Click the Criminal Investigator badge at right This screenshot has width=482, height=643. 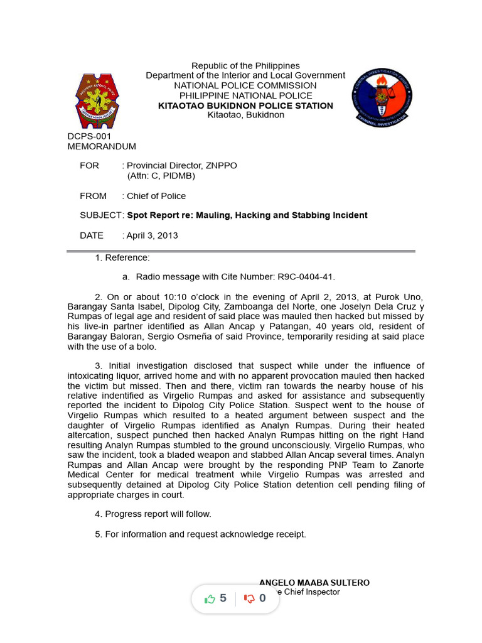tap(382, 98)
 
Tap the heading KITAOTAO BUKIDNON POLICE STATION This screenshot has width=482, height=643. tap(245, 105)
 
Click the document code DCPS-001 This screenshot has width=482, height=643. tap(89, 136)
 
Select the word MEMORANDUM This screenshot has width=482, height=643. tap(102, 146)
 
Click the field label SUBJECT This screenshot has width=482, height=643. tap(102, 215)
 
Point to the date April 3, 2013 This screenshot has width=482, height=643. tap(152, 235)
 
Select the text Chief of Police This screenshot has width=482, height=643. tap(156, 196)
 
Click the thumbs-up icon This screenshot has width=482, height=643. tap(210, 598)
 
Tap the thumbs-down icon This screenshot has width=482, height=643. tap(249, 598)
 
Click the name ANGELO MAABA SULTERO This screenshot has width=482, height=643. tap(314, 582)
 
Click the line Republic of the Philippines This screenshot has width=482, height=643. tap(245, 66)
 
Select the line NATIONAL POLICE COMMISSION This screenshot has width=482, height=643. tap(245, 85)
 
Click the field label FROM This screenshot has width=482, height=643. tap(94, 196)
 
